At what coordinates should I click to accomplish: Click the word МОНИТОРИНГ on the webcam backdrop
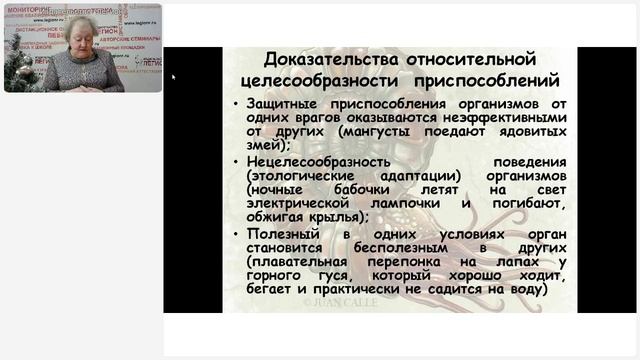pos(28,9)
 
